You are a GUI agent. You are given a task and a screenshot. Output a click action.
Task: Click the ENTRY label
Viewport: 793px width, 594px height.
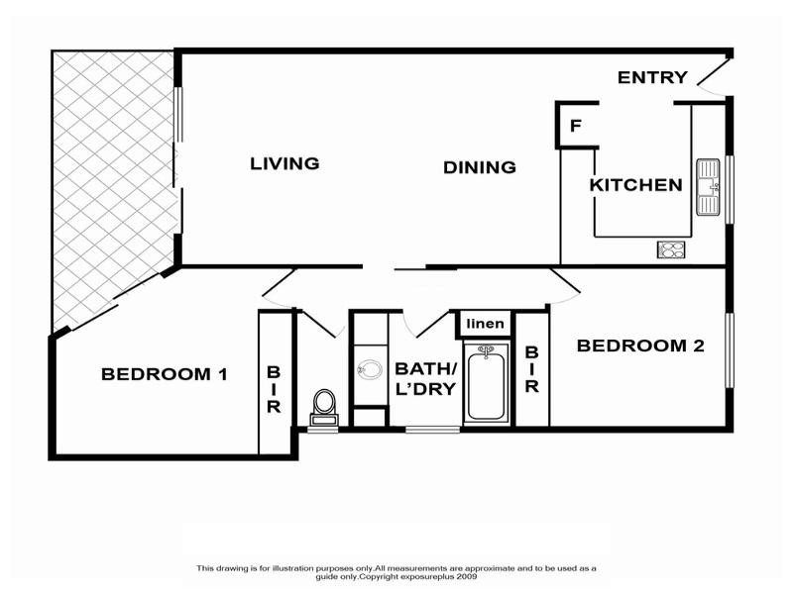652,77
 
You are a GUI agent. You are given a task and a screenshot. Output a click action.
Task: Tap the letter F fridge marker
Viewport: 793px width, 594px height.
575,127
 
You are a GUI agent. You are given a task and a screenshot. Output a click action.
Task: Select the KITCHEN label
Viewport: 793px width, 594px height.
635,185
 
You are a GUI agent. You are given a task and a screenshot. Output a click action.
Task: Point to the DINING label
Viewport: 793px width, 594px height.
480,167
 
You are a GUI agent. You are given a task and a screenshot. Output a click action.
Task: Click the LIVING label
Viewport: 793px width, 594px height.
284,163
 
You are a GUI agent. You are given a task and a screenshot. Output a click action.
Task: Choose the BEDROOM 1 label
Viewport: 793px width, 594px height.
165,374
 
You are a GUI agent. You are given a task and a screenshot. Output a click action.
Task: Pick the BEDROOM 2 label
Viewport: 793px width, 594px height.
640,346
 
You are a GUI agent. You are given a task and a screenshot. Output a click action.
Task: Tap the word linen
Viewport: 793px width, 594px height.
486,324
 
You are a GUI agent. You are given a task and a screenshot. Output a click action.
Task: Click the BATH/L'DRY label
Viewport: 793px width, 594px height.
424,378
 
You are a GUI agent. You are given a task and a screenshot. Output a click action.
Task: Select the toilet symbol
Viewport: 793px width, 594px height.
324,403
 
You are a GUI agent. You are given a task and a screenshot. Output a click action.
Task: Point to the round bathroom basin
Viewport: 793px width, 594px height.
370,370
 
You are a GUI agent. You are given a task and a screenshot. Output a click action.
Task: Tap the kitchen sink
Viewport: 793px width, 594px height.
709,187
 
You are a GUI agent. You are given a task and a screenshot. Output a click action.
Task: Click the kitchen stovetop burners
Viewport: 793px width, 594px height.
671,249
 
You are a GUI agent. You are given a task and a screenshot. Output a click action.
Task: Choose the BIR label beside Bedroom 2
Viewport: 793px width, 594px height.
531,369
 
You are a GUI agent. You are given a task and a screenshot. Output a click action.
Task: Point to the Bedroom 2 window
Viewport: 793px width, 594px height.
730,350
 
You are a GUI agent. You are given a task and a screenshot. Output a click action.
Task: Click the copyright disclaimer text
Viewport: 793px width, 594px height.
396,571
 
